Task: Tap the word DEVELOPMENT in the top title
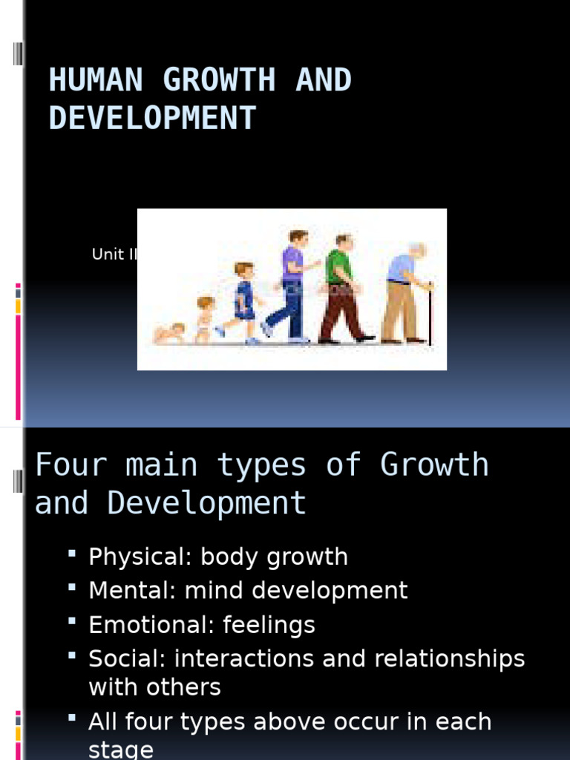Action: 152,118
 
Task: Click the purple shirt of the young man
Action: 292,263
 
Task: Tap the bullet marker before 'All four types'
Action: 72,718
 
